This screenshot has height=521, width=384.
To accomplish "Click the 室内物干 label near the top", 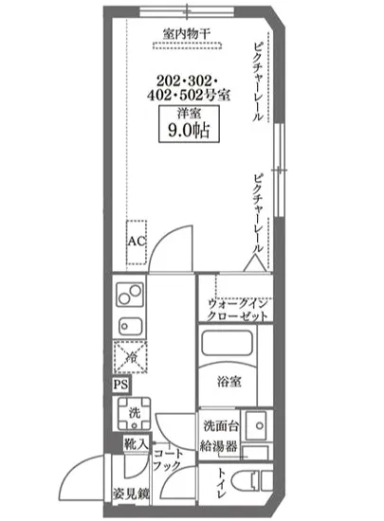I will click(x=185, y=32).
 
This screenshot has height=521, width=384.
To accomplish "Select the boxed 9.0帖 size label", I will click(x=184, y=129).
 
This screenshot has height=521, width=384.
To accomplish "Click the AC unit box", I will click(x=137, y=241).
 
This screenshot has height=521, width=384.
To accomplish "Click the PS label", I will click(x=120, y=386).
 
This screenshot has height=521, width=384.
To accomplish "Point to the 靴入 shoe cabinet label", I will click(x=133, y=444).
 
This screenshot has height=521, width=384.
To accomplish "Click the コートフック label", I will click(x=168, y=459).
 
